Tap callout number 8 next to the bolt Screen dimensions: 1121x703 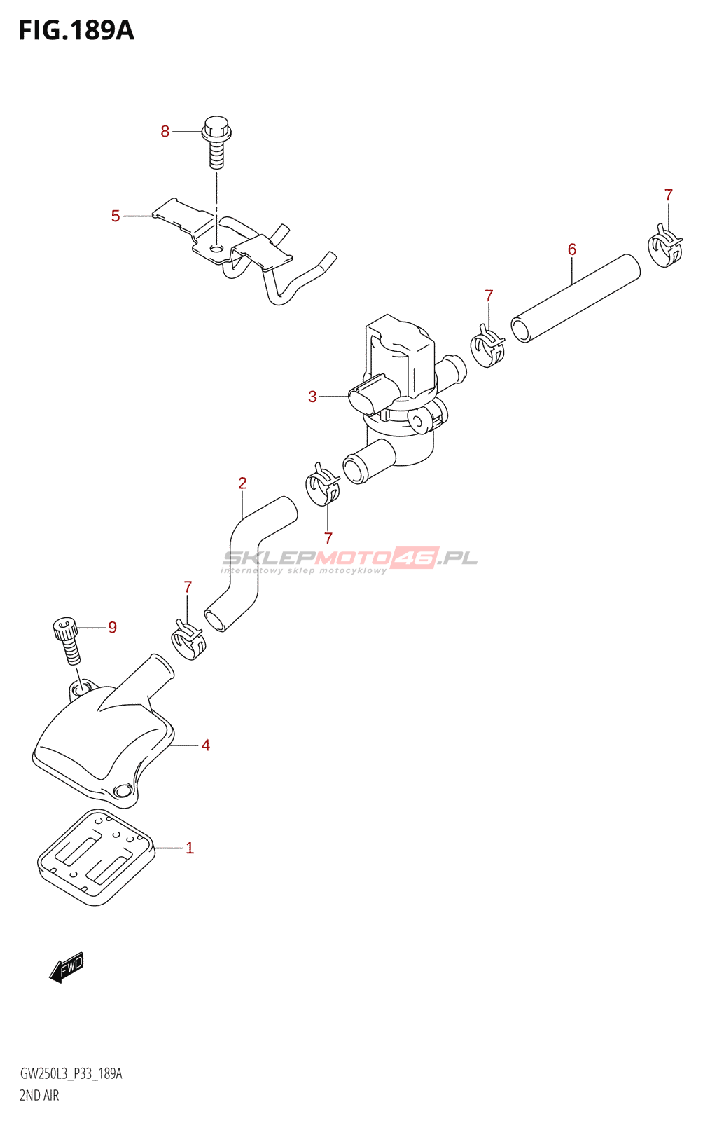[165, 131]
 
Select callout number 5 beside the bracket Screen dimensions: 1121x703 [116, 216]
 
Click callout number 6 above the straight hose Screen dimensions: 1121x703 [572, 249]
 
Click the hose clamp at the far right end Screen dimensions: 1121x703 [664, 247]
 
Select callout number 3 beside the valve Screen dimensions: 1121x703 [312, 397]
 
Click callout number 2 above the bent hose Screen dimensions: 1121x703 [242, 483]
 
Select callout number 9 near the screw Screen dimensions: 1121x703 [112, 627]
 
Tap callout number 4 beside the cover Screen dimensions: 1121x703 [205, 745]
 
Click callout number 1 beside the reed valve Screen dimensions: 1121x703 [189, 848]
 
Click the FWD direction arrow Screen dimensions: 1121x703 [67, 968]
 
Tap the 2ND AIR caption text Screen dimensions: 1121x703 [39, 1096]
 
